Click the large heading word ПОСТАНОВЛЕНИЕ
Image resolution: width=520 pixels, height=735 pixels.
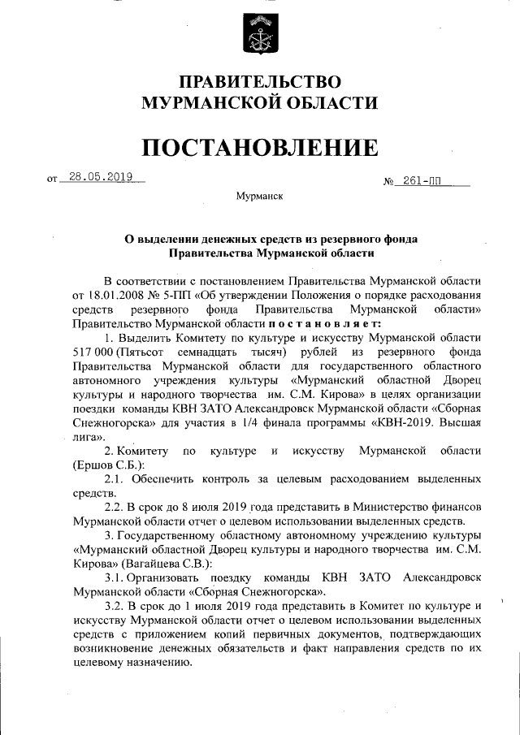260,147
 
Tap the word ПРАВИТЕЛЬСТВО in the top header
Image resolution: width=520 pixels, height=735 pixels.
259,82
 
